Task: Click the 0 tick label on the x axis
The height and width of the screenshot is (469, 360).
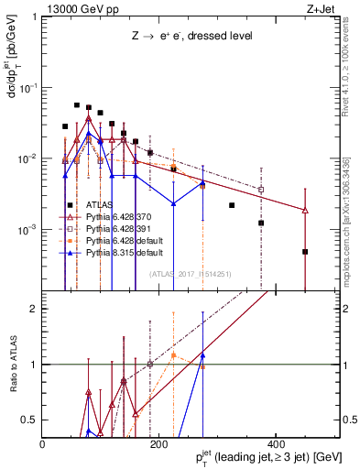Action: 43,443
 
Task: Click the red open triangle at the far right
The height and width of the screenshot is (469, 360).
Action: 305,211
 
